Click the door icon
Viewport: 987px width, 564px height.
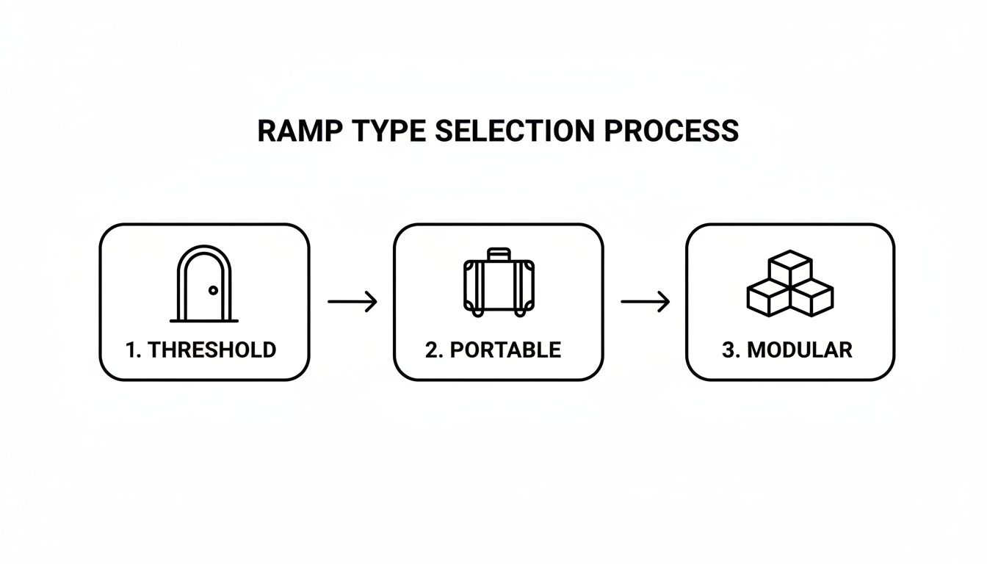pos(204,284)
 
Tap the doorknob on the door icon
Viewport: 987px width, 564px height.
pos(214,291)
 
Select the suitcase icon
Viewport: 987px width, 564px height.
pos(498,283)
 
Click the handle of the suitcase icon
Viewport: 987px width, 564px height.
pos(499,253)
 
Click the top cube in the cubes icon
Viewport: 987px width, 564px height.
pos(790,265)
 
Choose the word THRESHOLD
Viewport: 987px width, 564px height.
pos(211,350)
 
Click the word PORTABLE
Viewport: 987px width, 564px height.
pos(505,350)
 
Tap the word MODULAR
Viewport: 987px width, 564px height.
pos(799,350)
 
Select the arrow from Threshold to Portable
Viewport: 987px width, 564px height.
pos(352,301)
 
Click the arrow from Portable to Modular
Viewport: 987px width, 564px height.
pos(645,301)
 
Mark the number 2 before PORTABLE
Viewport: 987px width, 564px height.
pos(431,350)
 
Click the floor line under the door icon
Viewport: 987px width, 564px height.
pos(204,321)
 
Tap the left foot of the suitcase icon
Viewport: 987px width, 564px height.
pos(478,314)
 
